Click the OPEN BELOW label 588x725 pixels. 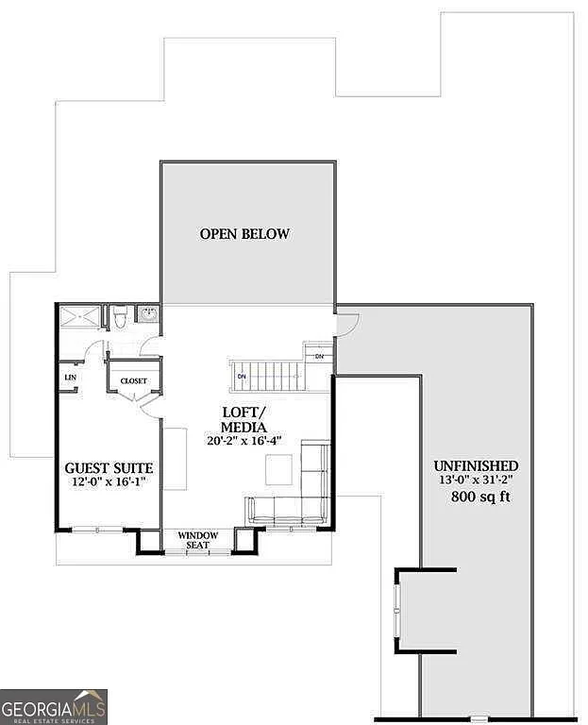244,234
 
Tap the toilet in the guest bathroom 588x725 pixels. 119,318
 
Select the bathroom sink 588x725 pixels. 147,315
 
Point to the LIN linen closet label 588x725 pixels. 69,378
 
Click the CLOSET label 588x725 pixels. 133,381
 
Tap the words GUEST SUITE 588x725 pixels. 109,468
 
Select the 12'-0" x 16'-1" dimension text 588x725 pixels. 109,483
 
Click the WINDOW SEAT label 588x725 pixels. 198,541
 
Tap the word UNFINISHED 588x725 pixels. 475,465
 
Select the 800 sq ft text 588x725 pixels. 480,497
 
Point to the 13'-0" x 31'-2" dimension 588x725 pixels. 476,481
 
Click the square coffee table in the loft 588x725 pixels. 278,469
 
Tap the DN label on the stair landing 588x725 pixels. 319,356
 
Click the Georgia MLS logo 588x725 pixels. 54,706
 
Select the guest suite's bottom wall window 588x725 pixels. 97,530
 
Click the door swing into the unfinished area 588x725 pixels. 346,324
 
